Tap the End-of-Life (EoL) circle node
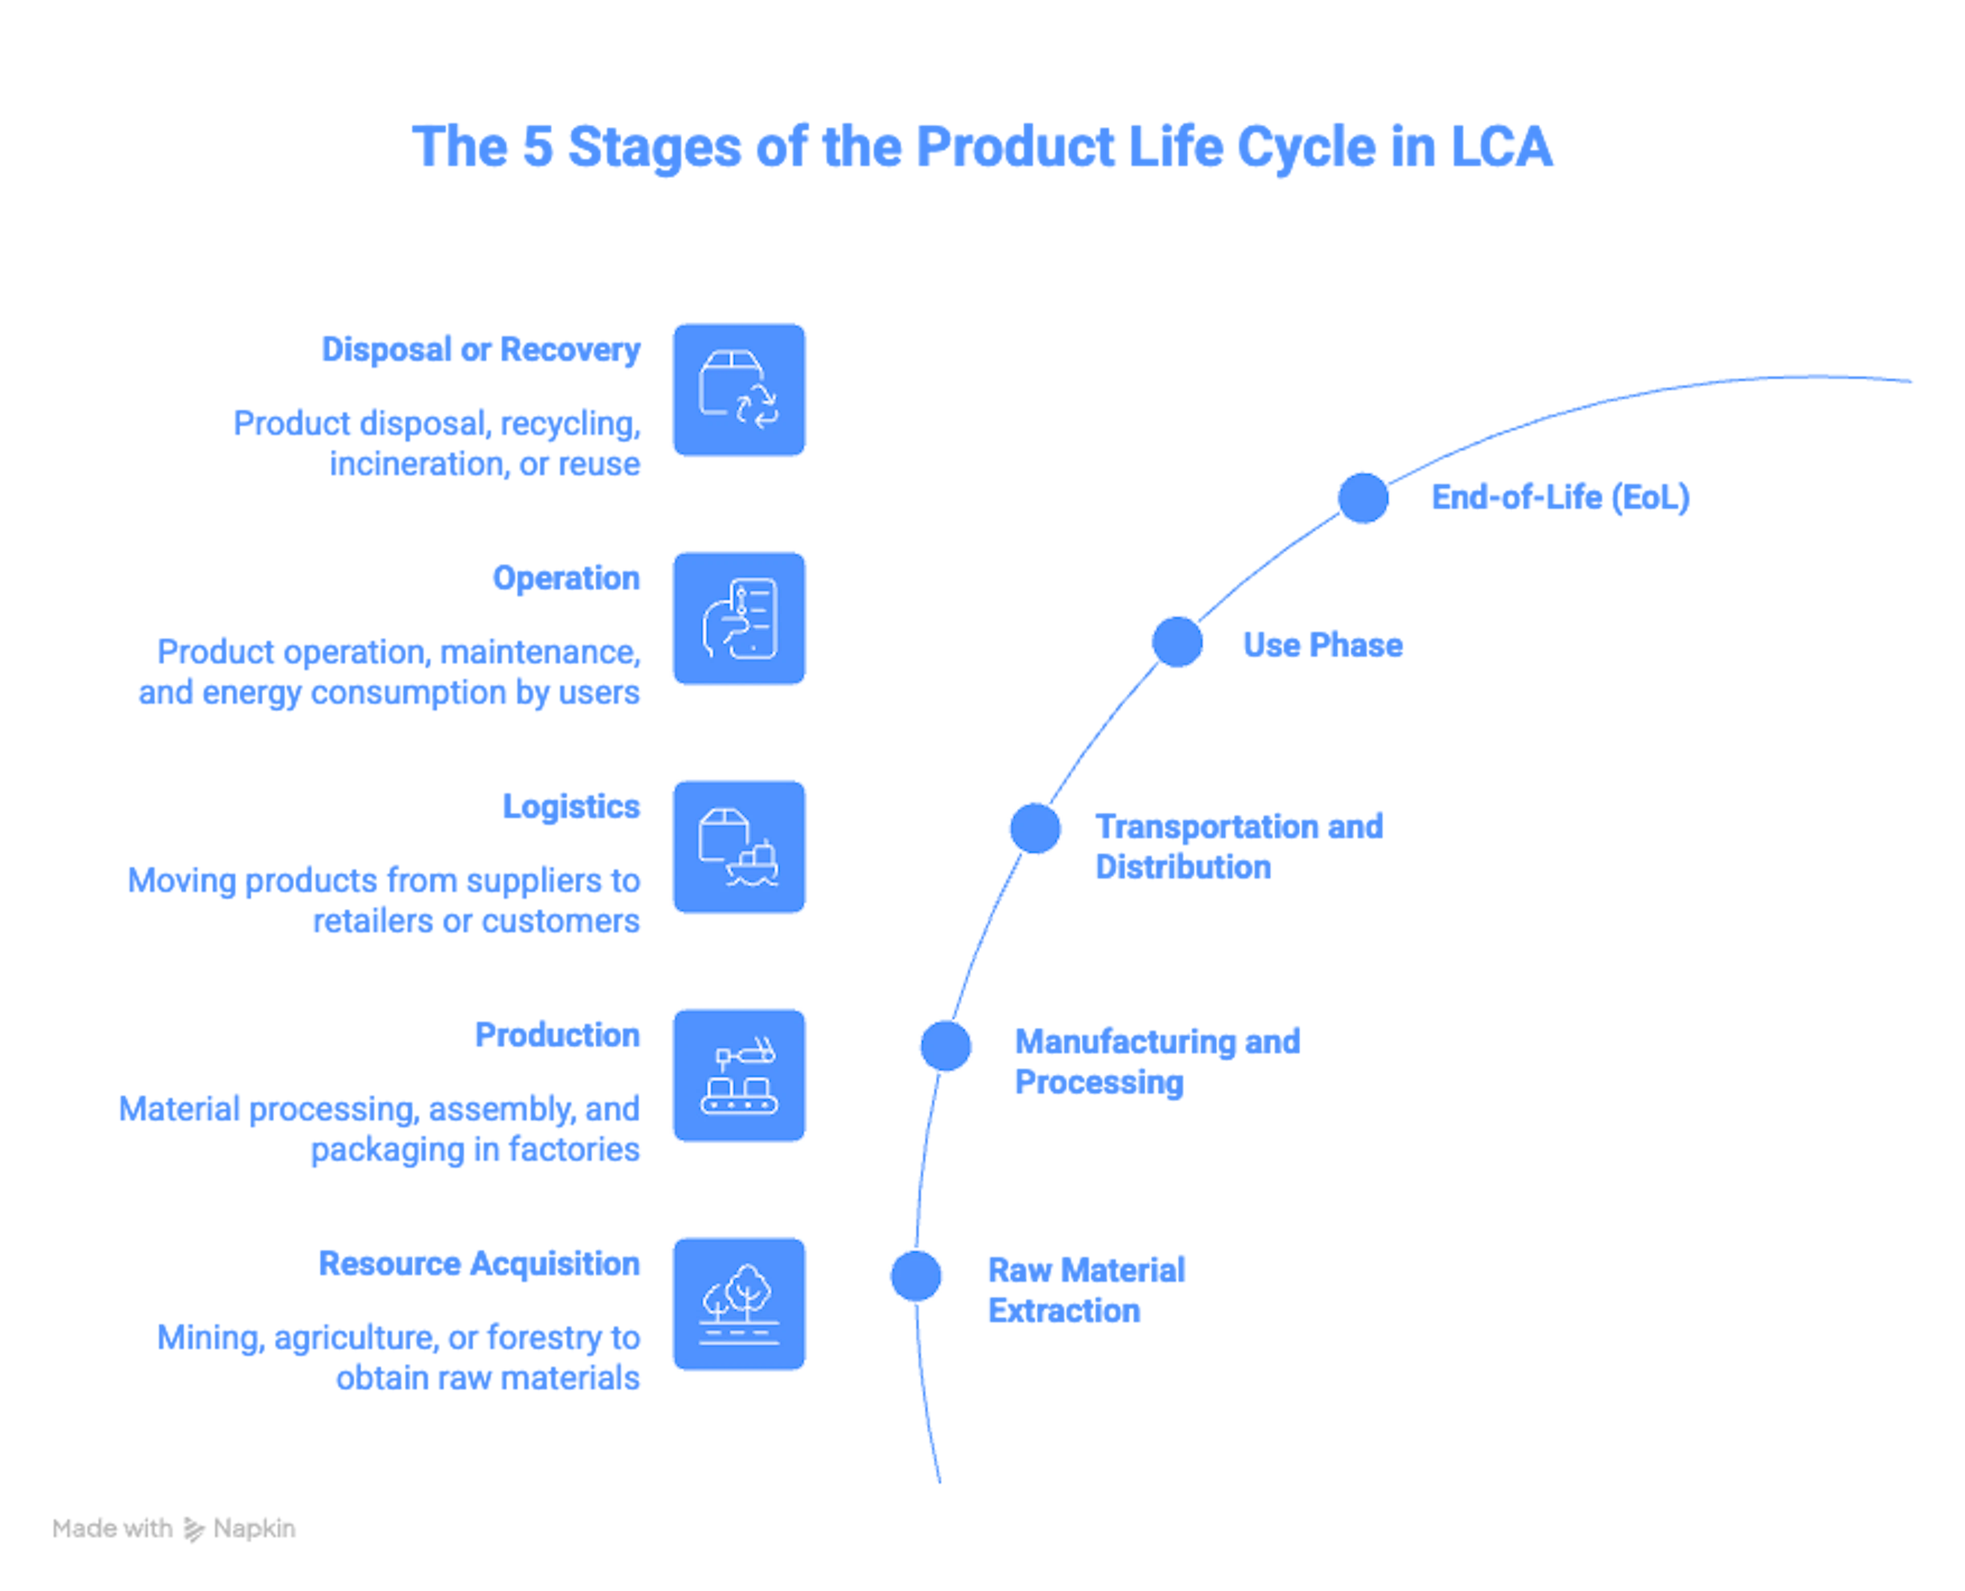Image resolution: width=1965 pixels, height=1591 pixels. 1363,497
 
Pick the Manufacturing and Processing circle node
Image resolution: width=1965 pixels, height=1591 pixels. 946,1045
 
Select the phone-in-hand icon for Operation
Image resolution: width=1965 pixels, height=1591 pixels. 739,618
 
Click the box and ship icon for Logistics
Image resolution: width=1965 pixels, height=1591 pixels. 739,847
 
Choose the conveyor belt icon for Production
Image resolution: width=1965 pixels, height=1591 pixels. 739,1075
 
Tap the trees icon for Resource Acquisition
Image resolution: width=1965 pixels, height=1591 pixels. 739,1303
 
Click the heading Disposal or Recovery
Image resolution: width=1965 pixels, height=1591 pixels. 481,349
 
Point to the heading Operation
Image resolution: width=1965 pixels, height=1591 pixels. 566,578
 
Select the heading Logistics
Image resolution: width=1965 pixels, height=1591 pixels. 570,807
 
